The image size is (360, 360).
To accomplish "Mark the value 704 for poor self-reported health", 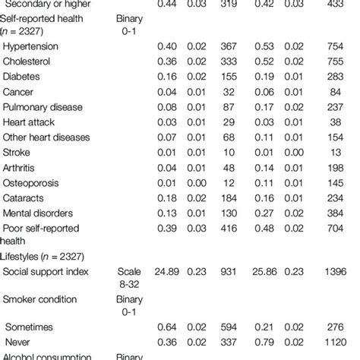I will coord(347,229).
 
